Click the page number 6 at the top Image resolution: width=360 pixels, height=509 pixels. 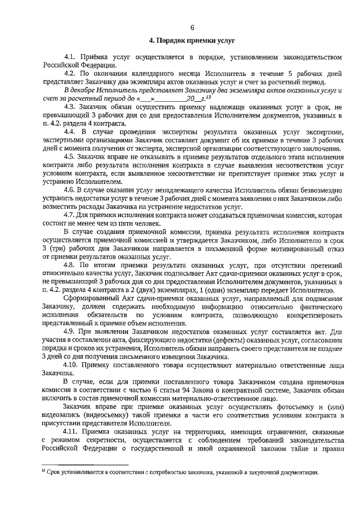[192, 27]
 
